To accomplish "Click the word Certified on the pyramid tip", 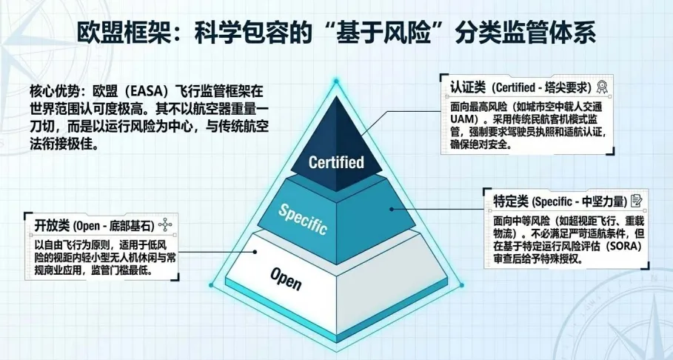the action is (336, 161).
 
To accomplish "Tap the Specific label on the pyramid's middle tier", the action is (302, 219).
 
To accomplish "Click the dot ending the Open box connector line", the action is (256, 252).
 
